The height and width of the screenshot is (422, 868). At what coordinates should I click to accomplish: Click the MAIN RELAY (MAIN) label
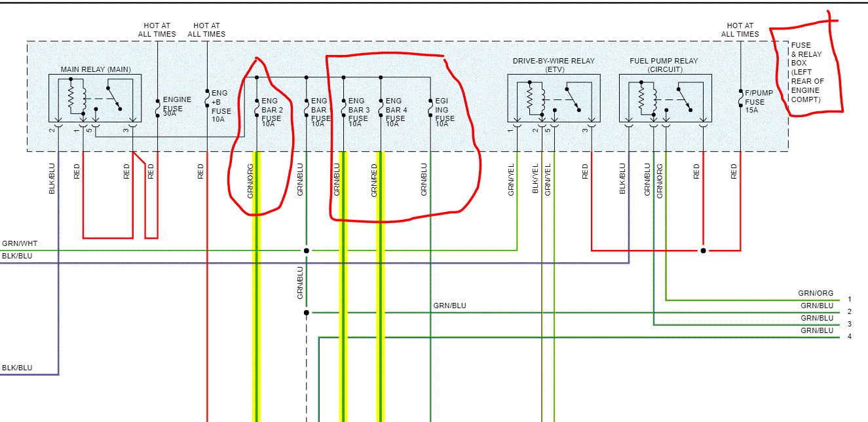(96, 69)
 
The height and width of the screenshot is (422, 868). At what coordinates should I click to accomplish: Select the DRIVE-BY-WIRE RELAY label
(554, 61)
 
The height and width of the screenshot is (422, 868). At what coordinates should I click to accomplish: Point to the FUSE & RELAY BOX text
(807, 73)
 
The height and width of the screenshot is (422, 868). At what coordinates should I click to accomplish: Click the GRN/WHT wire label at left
(20, 243)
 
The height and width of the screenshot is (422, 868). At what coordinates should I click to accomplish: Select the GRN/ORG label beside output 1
(816, 293)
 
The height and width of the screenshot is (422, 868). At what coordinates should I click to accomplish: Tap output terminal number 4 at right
(849, 336)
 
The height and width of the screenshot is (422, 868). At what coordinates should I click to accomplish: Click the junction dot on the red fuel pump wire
(703, 251)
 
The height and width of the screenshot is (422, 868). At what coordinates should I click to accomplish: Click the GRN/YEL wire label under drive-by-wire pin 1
(511, 180)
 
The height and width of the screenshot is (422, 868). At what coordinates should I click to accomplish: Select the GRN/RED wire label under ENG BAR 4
(374, 180)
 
